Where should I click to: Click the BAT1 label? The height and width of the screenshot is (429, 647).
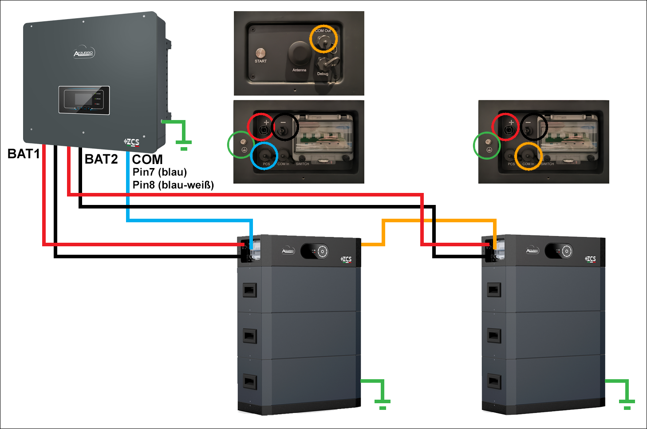click(24, 154)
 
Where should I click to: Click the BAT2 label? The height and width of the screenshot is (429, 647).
click(101, 159)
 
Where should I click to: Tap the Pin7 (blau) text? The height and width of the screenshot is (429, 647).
click(160, 172)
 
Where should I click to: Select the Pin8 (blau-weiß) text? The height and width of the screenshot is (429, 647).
click(173, 185)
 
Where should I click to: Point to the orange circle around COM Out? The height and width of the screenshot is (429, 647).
click(323, 39)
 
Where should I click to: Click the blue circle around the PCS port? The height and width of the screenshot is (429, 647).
click(264, 156)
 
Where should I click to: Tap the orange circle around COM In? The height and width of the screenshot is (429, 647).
click(529, 156)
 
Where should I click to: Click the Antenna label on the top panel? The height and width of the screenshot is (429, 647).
click(299, 70)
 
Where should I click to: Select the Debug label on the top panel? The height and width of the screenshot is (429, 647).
click(323, 74)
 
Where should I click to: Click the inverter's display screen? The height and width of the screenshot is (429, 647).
click(84, 100)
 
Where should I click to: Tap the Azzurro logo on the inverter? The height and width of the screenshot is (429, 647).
click(84, 53)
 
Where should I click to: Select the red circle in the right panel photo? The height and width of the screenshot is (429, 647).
click(505, 127)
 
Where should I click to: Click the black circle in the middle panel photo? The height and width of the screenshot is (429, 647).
click(285, 127)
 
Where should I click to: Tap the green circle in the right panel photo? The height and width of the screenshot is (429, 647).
click(487, 145)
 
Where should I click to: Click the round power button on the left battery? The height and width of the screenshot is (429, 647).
click(323, 251)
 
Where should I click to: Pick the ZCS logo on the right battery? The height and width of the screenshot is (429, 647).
click(590, 259)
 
